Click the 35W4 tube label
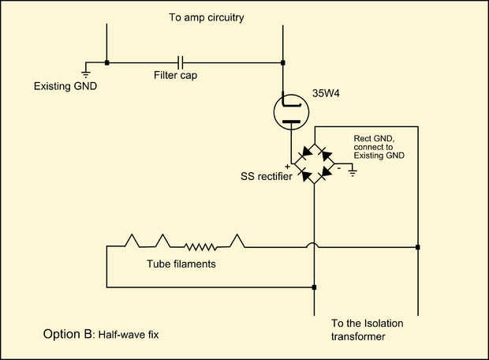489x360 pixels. click(326, 93)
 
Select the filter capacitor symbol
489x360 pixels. click(181, 62)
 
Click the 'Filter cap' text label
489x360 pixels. click(175, 75)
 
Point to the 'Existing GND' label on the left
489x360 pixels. click(65, 86)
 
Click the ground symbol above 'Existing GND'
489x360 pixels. click(86, 73)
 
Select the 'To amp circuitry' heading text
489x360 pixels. click(207, 18)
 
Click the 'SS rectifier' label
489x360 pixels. click(267, 176)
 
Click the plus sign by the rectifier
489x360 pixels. click(287, 167)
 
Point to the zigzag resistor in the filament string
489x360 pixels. click(200, 247)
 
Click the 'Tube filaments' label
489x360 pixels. click(181, 264)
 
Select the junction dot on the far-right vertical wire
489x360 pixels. click(417, 247)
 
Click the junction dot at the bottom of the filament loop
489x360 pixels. click(314, 287)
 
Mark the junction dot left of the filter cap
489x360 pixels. click(107, 62)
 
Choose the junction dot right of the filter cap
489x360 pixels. click(283, 62)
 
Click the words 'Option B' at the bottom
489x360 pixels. click(68, 334)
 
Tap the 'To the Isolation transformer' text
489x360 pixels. click(367, 330)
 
